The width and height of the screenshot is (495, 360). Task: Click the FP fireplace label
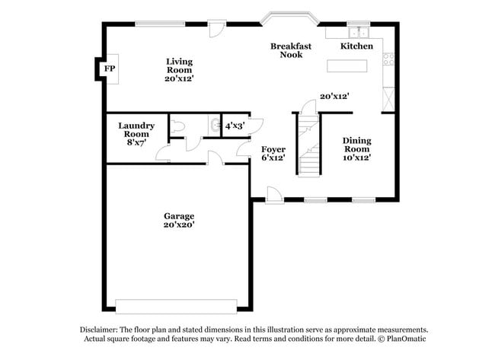(110, 69)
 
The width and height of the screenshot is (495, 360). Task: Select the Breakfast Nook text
(291, 50)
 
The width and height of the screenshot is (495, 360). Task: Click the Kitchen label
(356, 46)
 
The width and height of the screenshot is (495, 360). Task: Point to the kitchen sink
(357, 33)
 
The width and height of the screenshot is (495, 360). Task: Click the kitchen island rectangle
(346, 66)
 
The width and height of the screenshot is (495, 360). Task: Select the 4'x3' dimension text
(233, 126)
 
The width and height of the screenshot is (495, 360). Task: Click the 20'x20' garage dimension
(179, 225)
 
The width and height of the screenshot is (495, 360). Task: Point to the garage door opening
(176, 306)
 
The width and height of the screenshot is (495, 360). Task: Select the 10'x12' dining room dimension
(356, 159)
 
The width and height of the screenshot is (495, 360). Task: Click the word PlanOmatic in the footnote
(406, 339)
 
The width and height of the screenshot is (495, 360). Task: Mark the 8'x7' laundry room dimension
(137, 142)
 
